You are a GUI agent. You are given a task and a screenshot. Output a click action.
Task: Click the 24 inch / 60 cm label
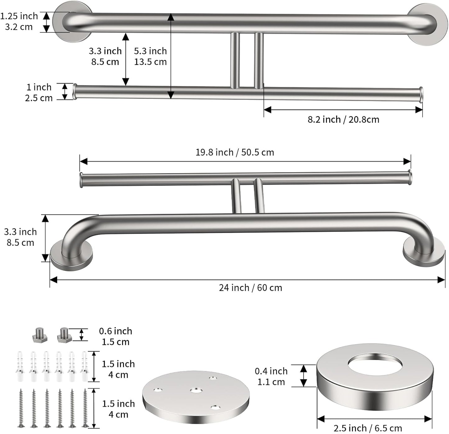(250, 288)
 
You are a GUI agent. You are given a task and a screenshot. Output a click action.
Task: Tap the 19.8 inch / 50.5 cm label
(235, 152)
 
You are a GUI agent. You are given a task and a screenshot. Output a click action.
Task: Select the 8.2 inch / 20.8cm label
(343, 119)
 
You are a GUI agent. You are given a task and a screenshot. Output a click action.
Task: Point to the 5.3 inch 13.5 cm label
(150, 56)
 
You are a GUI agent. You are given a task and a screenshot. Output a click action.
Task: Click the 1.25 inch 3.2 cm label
(19, 21)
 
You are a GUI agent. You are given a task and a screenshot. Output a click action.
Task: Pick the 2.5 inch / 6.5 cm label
(368, 428)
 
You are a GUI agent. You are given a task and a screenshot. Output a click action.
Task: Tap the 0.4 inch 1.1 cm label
(271, 376)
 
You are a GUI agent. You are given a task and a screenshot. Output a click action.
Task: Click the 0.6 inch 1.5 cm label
(116, 336)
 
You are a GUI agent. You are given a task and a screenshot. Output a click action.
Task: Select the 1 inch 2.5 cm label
(39, 92)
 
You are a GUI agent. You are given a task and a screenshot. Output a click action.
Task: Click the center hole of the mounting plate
(195, 390)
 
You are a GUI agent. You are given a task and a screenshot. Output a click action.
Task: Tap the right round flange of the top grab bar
(428, 25)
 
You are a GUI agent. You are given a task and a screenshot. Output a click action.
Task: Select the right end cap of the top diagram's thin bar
(421, 95)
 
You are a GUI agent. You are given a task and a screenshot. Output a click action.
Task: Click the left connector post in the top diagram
(235, 61)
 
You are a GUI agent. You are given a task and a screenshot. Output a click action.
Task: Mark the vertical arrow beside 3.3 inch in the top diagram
(126, 59)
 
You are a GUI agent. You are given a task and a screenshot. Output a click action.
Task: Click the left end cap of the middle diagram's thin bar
(81, 180)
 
